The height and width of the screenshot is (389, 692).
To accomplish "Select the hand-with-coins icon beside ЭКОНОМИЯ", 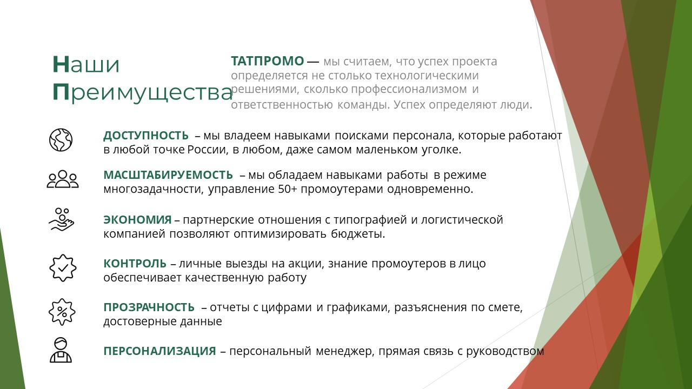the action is click(x=62, y=219).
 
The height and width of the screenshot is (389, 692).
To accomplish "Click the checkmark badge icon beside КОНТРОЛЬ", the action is click(x=63, y=268).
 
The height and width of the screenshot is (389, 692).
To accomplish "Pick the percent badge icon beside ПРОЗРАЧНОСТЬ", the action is click(x=62, y=312).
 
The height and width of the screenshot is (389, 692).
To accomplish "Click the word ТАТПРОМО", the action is click(x=268, y=61).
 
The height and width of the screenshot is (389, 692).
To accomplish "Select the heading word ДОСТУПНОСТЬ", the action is click(x=146, y=136).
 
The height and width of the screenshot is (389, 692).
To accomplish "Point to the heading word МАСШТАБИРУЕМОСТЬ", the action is click(x=168, y=175).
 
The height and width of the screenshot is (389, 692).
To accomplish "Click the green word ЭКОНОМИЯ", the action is click(x=137, y=219).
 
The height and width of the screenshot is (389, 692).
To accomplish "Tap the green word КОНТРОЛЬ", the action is click(x=135, y=263).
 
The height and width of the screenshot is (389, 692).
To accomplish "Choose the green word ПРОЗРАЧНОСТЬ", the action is click(x=149, y=307).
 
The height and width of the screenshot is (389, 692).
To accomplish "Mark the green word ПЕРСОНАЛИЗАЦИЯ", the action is click(x=159, y=351).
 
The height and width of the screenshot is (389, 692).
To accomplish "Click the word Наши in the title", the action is click(x=86, y=64).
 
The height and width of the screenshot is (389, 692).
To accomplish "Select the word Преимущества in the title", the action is click(x=142, y=92).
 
